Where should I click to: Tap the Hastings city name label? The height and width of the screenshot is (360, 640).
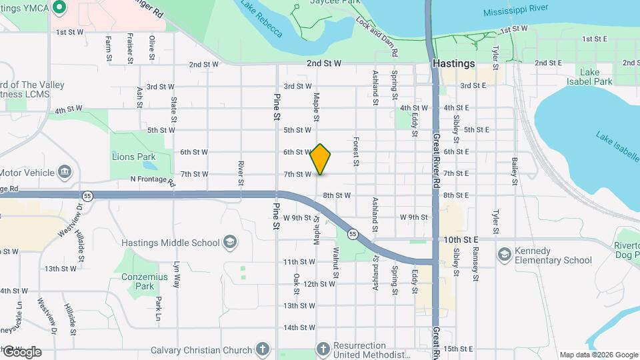point(453,63)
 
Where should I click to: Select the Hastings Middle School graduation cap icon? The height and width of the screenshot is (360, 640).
point(230,241)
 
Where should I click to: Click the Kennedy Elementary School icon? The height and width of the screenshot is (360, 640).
point(504,254)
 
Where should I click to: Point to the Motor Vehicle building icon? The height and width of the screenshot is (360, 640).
point(65,172)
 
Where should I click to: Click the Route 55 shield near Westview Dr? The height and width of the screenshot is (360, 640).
point(87,195)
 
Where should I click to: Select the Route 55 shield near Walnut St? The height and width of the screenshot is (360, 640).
point(352,234)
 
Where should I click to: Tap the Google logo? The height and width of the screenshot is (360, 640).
point(22,351)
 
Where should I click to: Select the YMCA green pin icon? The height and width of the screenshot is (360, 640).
point(59,7)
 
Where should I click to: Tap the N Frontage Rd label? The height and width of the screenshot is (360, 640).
point(153,180)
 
